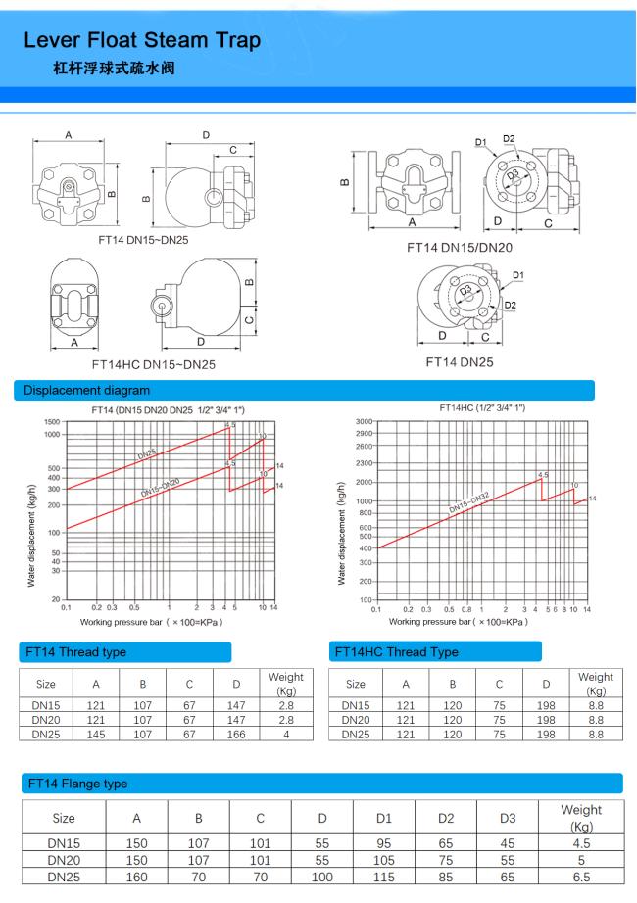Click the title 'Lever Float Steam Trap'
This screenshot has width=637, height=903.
tap(142, 40)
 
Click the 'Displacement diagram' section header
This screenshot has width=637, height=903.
tap(86, 391)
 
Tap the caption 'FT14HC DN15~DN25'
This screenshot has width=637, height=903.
tap(153, 364)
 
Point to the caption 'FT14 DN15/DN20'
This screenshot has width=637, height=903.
tap(460, 248)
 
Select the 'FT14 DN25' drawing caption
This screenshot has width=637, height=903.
tap(460, 362)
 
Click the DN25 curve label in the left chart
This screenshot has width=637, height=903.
tap(147, 453)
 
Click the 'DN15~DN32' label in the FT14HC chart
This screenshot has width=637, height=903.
tap(468, 502)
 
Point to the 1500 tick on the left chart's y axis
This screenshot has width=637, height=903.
tap(52, 421)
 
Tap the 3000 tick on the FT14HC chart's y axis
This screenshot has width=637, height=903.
tap(364, 421)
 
